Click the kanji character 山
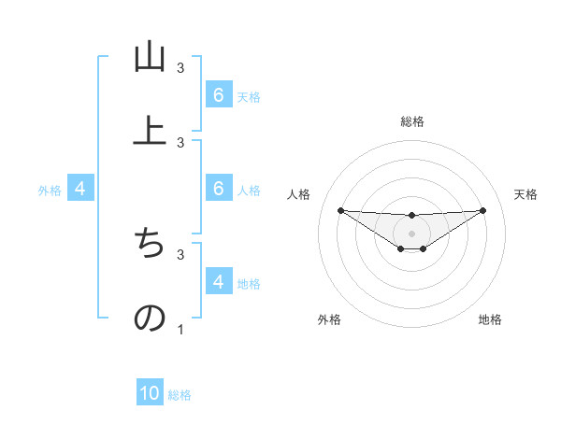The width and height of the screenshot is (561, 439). tap(150, 57)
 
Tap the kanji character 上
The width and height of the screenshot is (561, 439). tap(150, 130)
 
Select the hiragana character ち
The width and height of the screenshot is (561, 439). tap(150, 245)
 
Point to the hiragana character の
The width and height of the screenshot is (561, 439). tap(150, 318)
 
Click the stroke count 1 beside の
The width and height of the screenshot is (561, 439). tap(180, 329)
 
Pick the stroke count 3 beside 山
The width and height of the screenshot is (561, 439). tap(180, 68)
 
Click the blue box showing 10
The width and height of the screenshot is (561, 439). tap(150, 394)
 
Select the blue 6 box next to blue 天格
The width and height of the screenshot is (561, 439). tap(218, 95)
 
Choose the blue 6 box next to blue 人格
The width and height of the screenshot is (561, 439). tap(218, 189)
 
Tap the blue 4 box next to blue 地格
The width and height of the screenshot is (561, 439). tap(218, 282)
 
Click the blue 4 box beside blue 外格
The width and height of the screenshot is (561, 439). tap(79, 190)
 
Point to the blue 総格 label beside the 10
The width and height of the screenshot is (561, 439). tap(180, 395)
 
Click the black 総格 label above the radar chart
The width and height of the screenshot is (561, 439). tap(411, 121)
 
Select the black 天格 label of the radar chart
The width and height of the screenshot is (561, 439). tap(525, 194)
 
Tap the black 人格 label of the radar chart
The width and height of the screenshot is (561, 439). tap(299, 194)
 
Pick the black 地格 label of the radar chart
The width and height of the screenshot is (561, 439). tap(490, 320)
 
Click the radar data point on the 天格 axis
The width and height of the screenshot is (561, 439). tap(482, 210)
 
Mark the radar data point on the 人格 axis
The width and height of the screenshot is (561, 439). tap(340, 210)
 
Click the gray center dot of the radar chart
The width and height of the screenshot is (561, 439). tap(411, 234)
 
